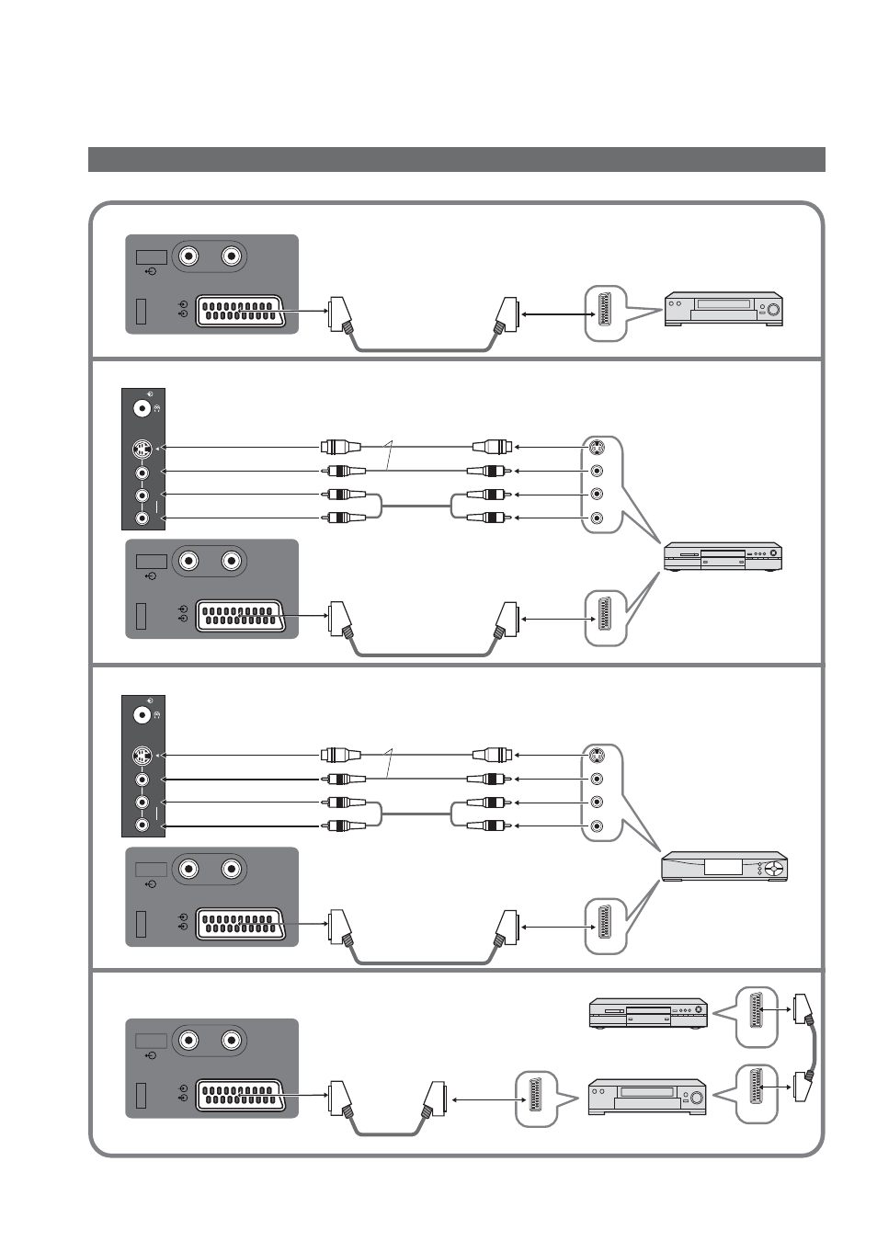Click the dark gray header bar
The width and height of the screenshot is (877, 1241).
[x=456, y=159]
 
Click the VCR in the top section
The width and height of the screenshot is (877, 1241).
[x=723, y=309]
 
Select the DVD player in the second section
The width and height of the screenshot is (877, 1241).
[x=723, y=557]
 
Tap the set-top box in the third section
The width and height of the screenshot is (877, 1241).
[x=724, y=867]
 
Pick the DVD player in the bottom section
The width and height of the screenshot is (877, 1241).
[x=648, y=1012]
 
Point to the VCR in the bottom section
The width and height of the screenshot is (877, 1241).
[x=647, y=1097]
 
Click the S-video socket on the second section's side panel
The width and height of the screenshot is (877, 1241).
[x=142, y=450]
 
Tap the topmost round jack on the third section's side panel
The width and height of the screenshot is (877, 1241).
[x=142, y=713]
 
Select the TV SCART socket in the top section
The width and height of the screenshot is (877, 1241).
[x=239, y=311]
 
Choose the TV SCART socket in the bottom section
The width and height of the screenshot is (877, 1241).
[x=239, y=1095]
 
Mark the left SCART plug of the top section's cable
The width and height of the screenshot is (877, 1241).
[x=340, y=315]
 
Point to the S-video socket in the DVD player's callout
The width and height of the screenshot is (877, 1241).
[x=597, y=449]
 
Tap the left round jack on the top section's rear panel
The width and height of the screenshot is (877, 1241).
[x=189, y=256]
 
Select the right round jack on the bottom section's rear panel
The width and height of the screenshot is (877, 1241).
[x=232, y=1041]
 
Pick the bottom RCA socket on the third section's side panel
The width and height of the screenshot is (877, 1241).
[x=142, y=825]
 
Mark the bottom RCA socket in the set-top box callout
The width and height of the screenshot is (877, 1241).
[x=597, y=826]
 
